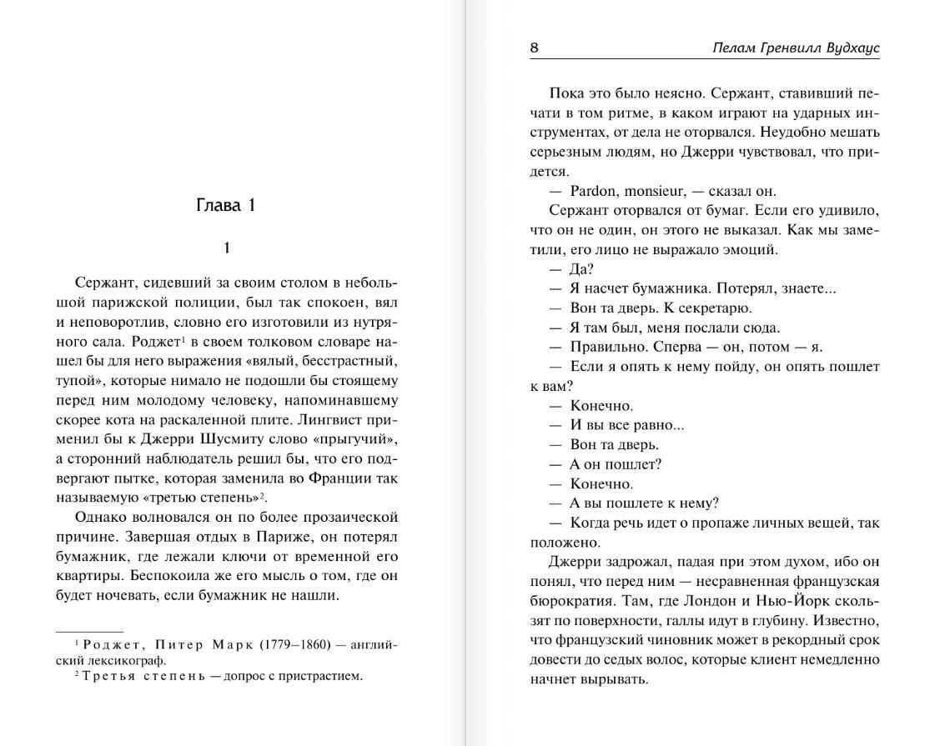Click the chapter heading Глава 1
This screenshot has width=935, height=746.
click(225, 206)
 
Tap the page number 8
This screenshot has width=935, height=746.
click(534, 48)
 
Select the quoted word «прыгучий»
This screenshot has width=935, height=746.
click(354, 438)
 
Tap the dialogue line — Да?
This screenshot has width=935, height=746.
click(571, 269)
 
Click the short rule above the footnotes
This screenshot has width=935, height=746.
click(89, 632)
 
